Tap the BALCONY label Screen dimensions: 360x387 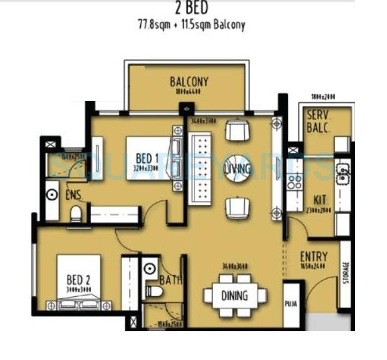[x=188, y=82]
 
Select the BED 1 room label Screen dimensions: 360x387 [x=145, y=157]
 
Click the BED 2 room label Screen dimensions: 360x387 [x=80, y=279]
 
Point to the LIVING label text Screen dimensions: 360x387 [x=238, y=168]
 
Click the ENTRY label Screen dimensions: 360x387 [x=314, y=257]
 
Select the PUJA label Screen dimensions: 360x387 [x=292, y=306]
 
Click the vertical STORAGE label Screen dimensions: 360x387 [x=346, y=274]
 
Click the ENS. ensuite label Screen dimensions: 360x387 [x=75, y=195]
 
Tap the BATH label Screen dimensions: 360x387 [x=170, y=280]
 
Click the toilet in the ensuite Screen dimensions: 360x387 [x=76, y=214]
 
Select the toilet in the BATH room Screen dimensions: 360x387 [x=154, y=291]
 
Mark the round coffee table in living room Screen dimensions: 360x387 [x=237, y=168]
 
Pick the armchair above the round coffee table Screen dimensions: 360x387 [x=237, y=131]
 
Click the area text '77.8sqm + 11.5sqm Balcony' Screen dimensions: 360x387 [x=192, y=26]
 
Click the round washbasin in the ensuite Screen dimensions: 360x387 [x=51, y=195]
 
